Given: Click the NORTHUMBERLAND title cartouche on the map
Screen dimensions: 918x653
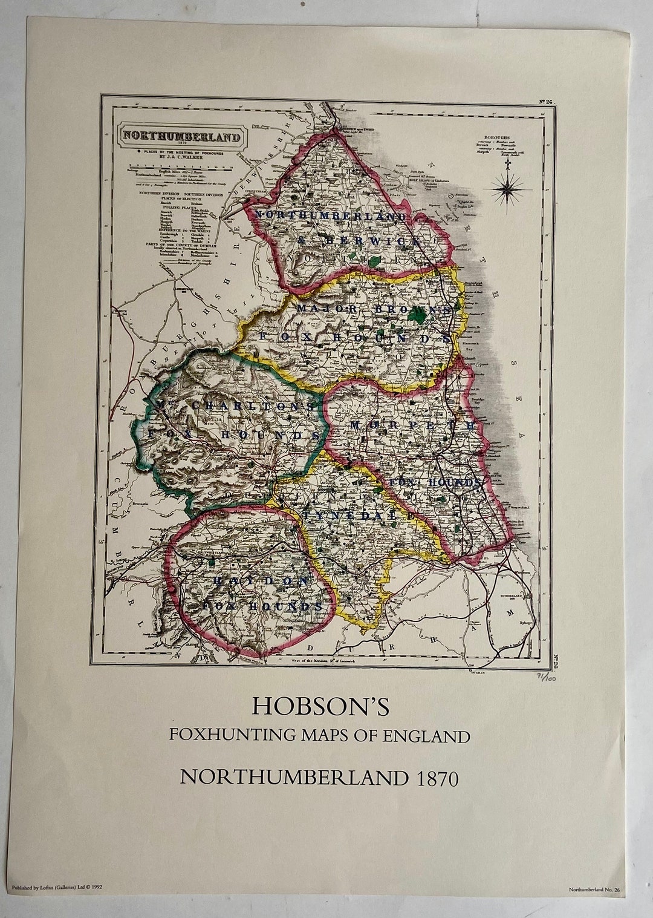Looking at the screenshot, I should click(x=181, y=136).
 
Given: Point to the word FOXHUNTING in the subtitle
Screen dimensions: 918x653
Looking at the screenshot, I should click(x=232, y=736).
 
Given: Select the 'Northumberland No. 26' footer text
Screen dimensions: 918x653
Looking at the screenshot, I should click(x=598, y=906).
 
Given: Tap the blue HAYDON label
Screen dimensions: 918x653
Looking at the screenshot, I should click(x=261, y=581).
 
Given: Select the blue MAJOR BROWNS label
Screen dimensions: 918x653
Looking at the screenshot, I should click(x=374, y=309).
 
